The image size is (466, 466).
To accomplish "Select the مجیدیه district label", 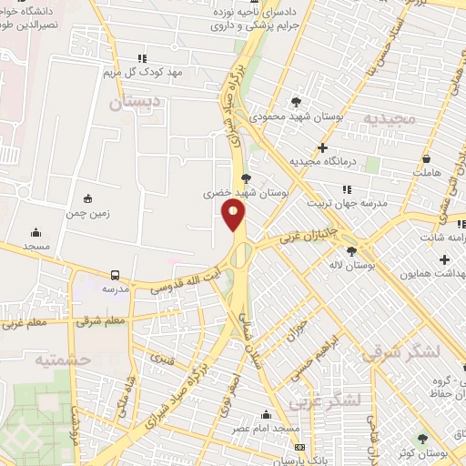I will click(x=390, y=119).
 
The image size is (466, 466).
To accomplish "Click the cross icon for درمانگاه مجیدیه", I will click(x=322, y=147).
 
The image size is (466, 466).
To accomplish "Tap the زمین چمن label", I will click(x=87, y=216).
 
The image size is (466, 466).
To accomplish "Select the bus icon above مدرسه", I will click(x=116, y=274).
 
